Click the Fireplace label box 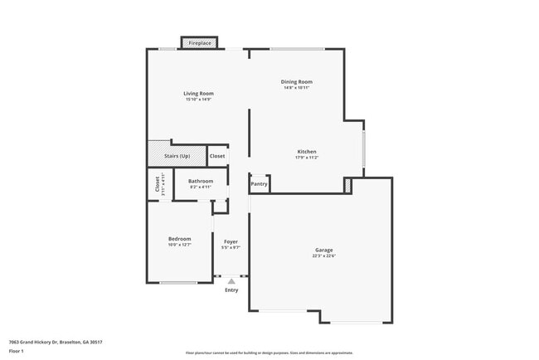pyautogui.click(x=200, y=42)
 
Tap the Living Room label pyautogui.click(x=199, y=93)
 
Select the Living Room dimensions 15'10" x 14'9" pyautogui.click(x=199, y=100)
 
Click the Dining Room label pyautogui.click(x=296, y=81)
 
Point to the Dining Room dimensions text pyautogui.click(x=296, y=87)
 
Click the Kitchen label pyautogui.click(x=307, y=151)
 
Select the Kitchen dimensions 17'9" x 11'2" pyautogui.click(x=307, y=157)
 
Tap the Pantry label pyautogui.click(x=260, y=184)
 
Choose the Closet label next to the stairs pyautogui.click(x=217, y=156)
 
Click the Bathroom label pyautogui.click(x=201, y=181)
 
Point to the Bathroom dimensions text pyautogui.click(x=201, y=187)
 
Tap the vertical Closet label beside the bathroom pyautogui.click(x=156, y=184)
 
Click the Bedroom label pyautogui.click(x=180, y=238)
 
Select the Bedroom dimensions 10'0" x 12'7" pyautogui.click(x=180, y=245)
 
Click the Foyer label pyautogui.click(x=231, y=241)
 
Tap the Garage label pyautogui.click(x=323, y=250)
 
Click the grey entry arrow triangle pyautogui.click(x=231, y=282)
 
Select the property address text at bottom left pyautogui.click(x=56, y=342)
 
